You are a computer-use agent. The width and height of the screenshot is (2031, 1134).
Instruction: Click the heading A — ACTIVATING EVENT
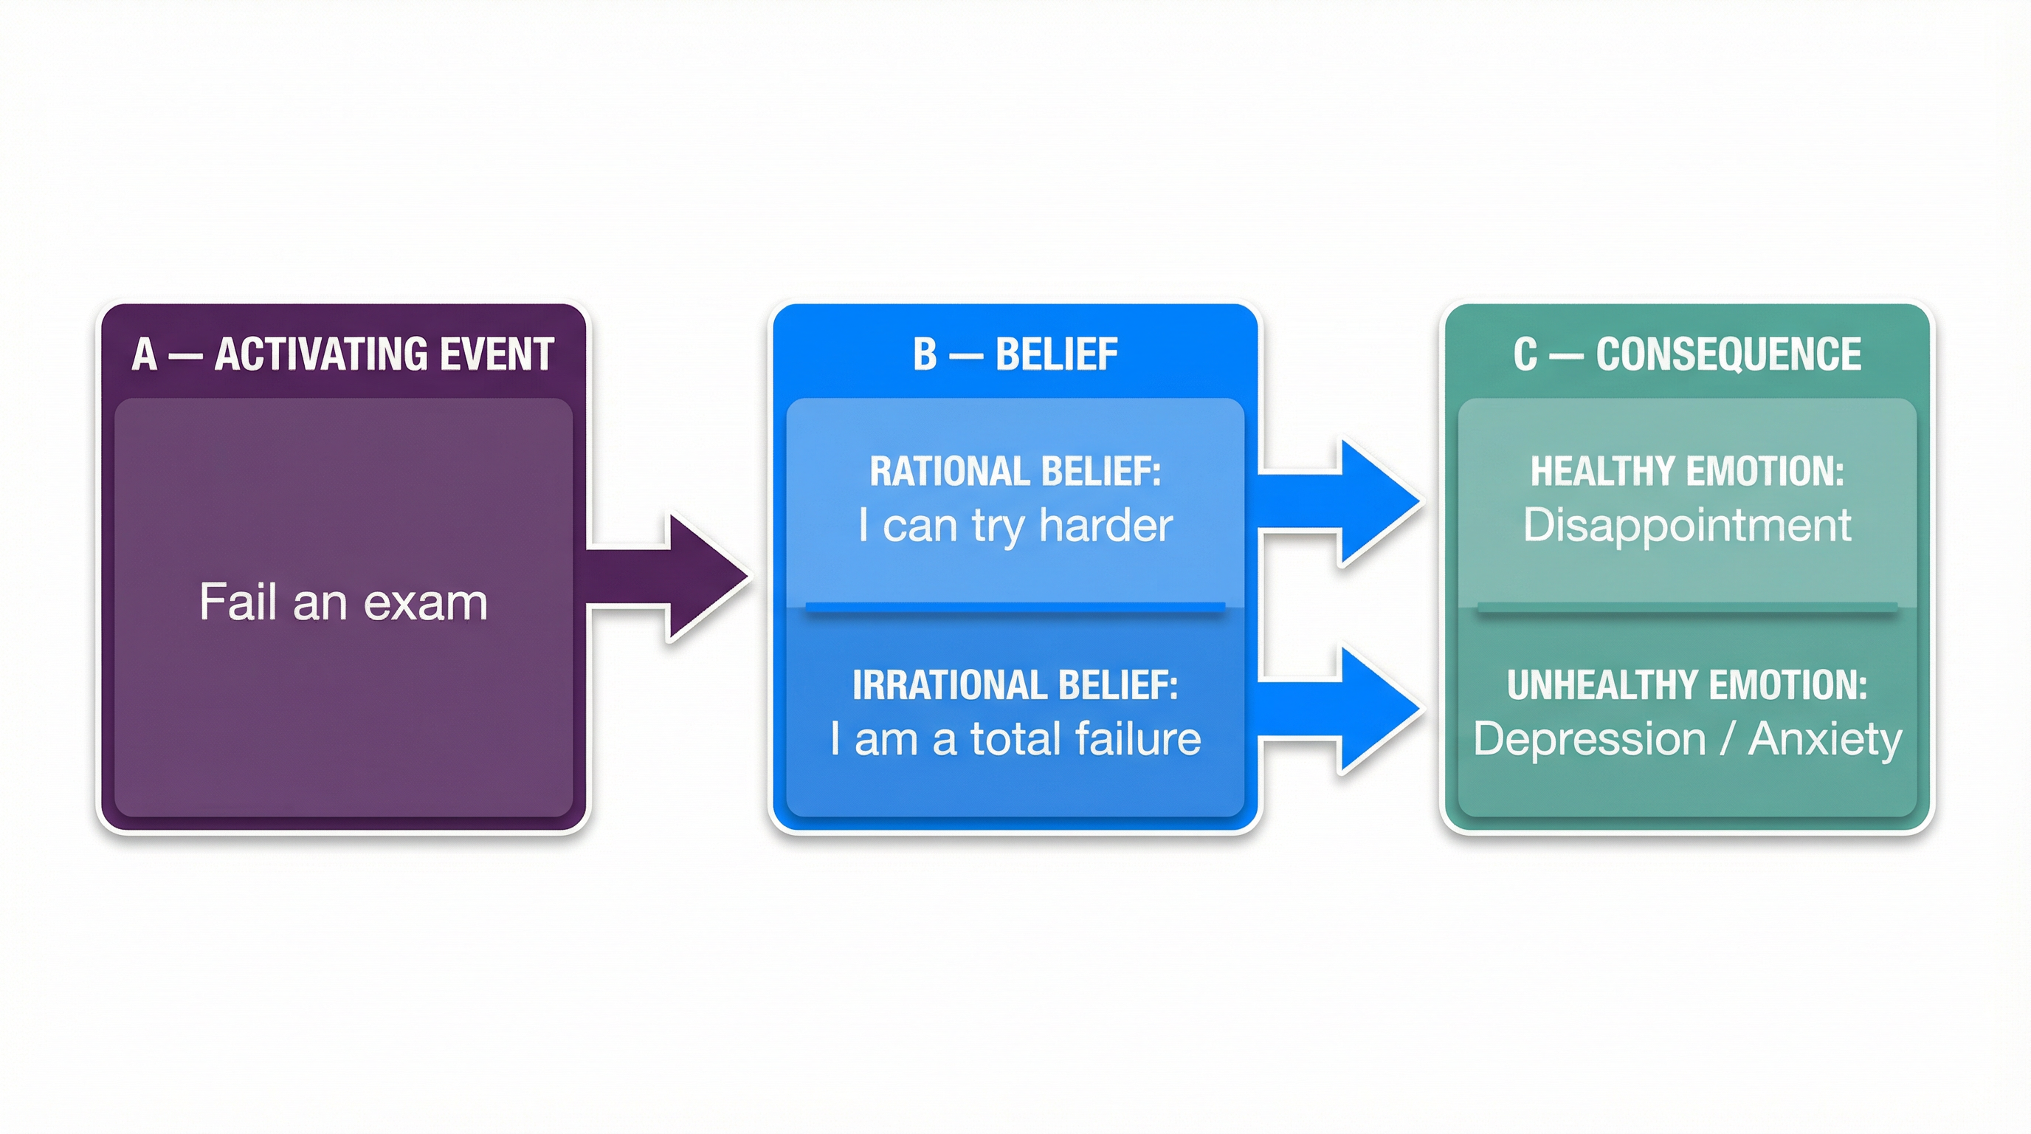tap(343, 354)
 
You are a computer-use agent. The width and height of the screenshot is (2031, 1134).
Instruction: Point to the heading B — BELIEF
tap(1015, 354)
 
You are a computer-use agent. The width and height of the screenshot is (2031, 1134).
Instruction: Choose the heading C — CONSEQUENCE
tap(1686, 354)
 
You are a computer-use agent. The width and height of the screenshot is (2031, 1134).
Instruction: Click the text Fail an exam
tap(343, 602)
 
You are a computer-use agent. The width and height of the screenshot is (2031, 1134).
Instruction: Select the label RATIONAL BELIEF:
tap(1015, 472)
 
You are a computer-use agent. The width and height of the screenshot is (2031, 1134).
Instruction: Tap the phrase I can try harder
tap(1015, 526)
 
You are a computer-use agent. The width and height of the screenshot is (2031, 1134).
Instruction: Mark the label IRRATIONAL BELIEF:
tap(1015, 685)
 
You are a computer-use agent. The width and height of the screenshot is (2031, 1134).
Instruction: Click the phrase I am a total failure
tap(1015, 740)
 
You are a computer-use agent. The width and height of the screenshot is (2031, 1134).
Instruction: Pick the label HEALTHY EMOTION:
tap(1686, 472)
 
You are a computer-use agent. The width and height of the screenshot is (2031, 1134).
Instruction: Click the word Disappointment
tap(1686, 526)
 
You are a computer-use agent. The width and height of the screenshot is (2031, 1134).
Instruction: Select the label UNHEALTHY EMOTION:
tap(1686, 685)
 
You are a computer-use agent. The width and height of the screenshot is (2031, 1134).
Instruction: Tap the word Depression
tap(1589, 740)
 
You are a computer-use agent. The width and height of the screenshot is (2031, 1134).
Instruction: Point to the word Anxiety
tap(1824, 740)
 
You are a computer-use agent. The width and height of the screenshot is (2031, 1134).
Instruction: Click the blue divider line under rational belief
tap(1015, 606)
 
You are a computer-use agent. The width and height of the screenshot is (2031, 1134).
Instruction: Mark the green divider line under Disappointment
tap(1686, 606)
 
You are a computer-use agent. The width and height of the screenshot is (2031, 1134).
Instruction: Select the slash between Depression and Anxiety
tap(1728, 740)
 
